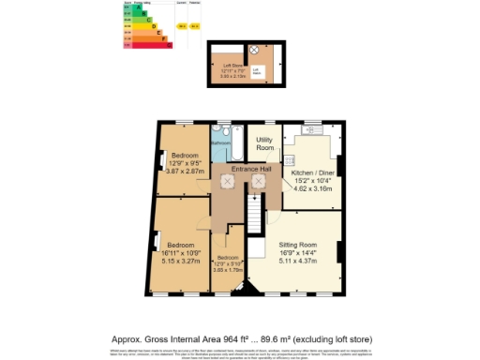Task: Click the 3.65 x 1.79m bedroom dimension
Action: point(230,269)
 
